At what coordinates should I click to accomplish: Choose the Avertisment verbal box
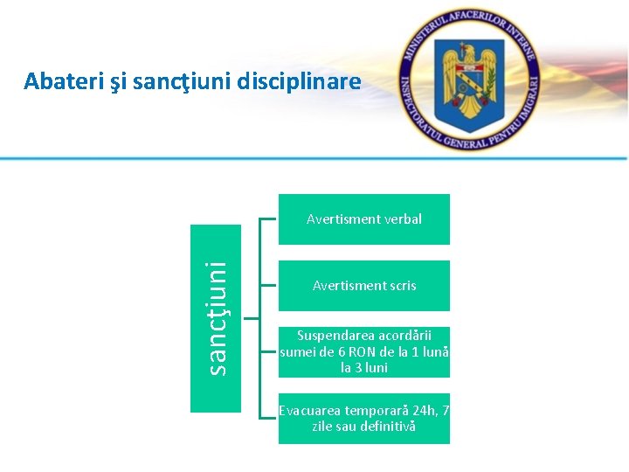point(364,219)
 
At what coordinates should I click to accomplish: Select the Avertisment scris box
point(364,286)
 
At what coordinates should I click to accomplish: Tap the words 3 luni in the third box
point(364,368)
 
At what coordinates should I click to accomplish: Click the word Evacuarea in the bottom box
point(309,410)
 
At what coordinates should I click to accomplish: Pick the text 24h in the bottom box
point(420,410)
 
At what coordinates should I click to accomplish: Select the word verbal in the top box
point(403,219)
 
